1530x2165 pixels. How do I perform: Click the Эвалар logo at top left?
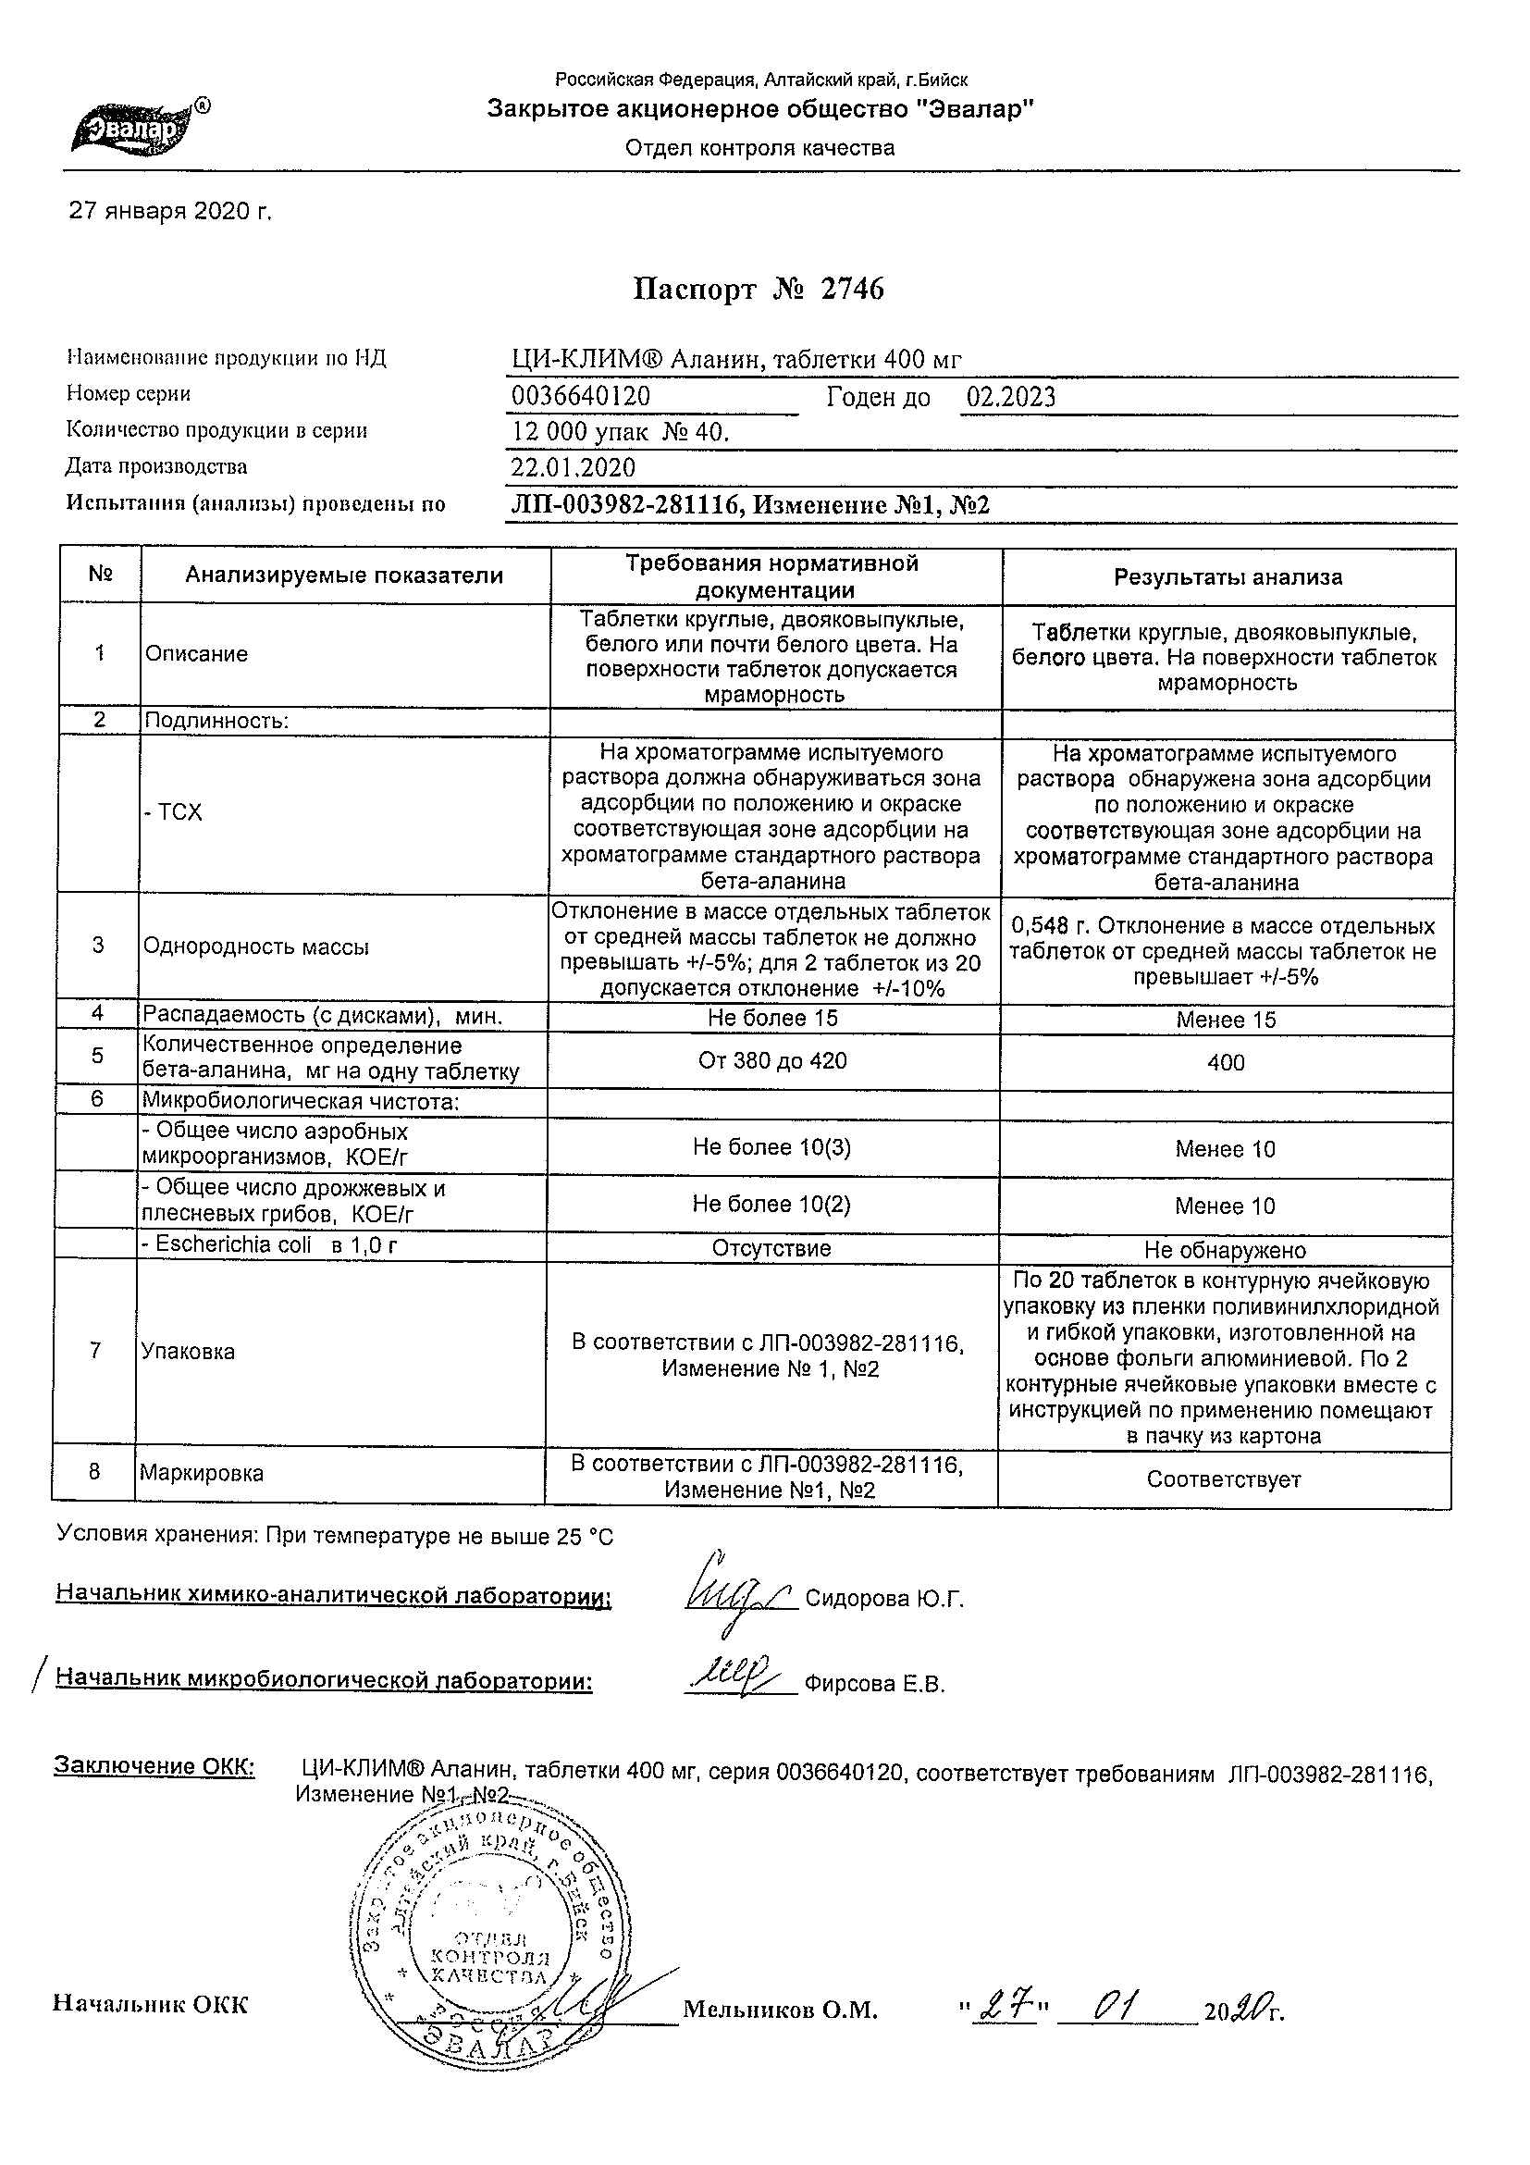click(x=140, y=127)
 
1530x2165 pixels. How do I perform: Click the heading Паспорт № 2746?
click(x=758, y=289)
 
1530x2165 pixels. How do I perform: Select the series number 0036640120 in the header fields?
click(x=581, y=396)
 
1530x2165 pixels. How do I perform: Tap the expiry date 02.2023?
click(x=1010, y=397)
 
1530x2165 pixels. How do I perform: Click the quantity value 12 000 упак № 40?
click(x=621, y=432)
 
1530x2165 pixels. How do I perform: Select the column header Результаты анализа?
click(x=1228, y=577)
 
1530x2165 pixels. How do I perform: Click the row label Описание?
click(x=196, y=654)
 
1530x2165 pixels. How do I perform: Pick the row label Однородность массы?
click(x=255, y=946)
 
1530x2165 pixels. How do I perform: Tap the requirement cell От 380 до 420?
click(x=772, y=1061)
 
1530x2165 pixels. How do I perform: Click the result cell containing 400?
click(x=1226, y=1063)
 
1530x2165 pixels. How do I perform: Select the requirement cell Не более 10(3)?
click(x=772, y=1146)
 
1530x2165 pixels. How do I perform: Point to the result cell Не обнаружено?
click(x=1225, y=1250)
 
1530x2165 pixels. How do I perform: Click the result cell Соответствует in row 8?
click(x=1224, y=1479)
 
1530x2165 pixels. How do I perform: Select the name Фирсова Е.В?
click(x=874, y=1684)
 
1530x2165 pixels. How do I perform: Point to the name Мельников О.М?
click(x=780, y=2035)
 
